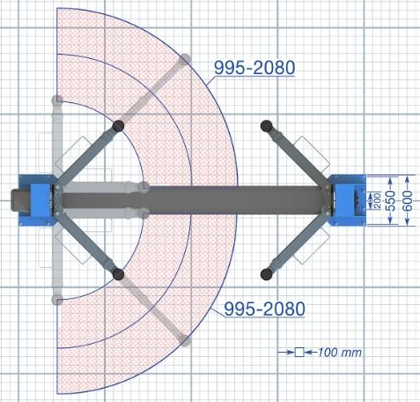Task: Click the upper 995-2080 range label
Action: pyautogui.click(x=254, y=68)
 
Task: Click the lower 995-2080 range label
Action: pyautogui.click(x=264, y=309)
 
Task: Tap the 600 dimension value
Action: pyautogui.click(x=408, y=201)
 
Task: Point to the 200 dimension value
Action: pyautogui.click(x=378, y=201)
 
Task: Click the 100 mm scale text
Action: pyautogui.click(x=340, y=353)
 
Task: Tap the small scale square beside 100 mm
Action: pyautogui.click(x=299, y=352)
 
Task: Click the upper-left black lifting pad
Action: pyautogui.click(x=118, y=126)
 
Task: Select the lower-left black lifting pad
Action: pyautogui.click(x=118, y=274)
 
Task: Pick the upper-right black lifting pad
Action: pyautogui.click(x=266, y=126)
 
